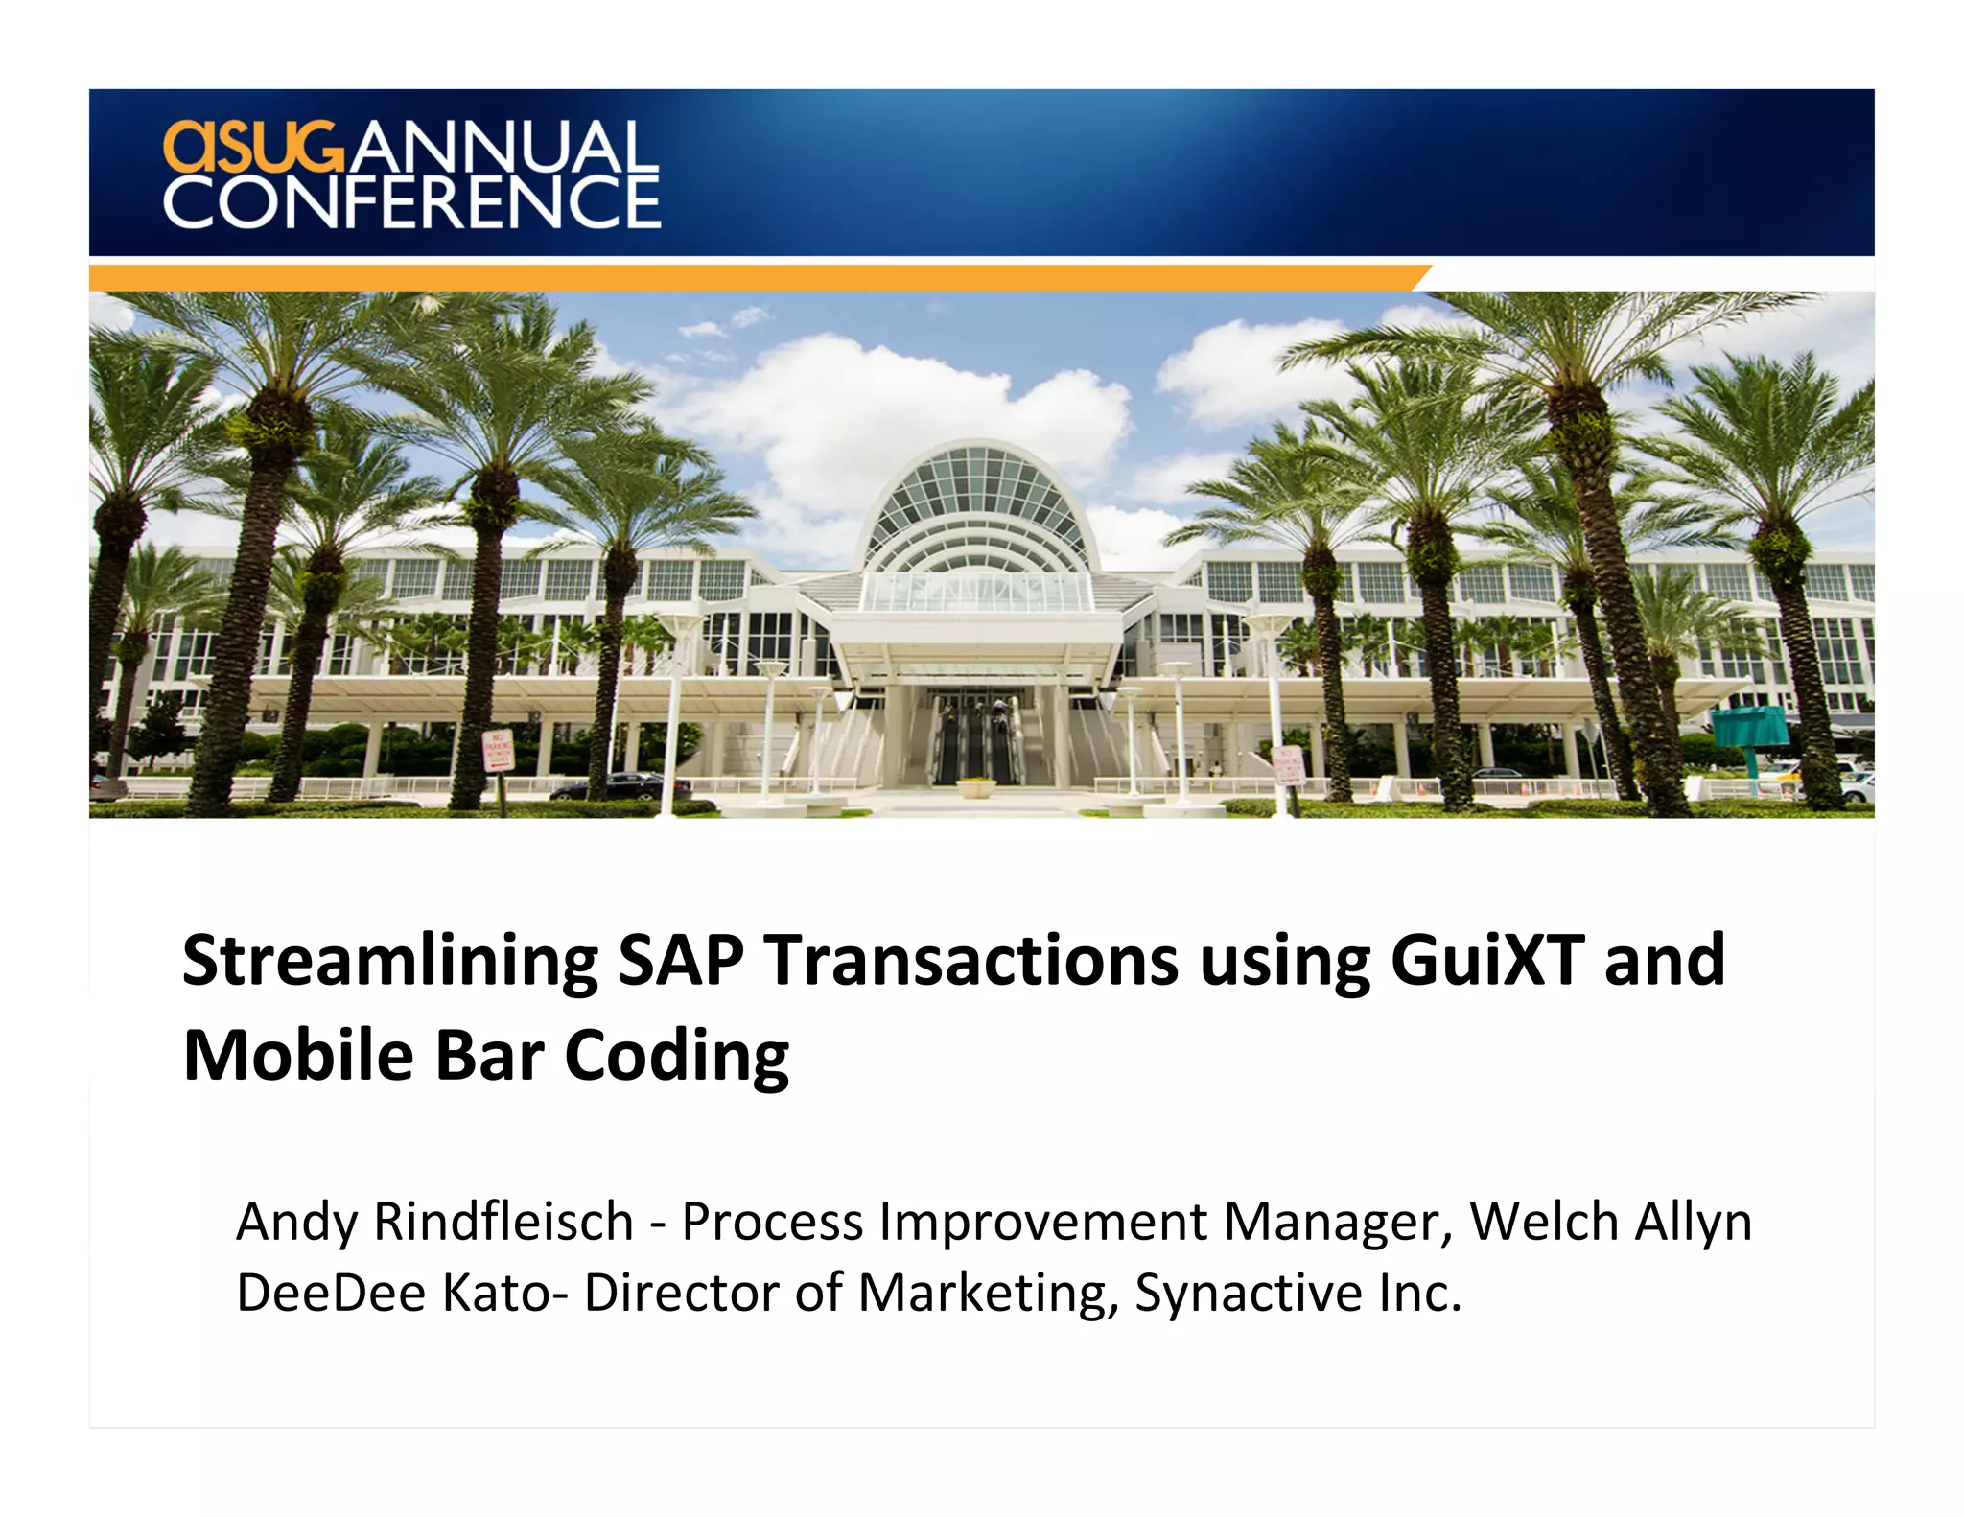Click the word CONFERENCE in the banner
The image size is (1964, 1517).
click(x=412, y=202)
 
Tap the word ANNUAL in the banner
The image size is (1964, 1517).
click(x=503, y=147)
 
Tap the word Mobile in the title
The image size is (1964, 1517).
click(x=298, y=1056)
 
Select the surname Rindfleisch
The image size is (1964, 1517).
click(x=503, y=1222)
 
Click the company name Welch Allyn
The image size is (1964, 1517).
click(x=1610, y=1224)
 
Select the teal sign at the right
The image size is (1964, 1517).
click(x=1750, y=727)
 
